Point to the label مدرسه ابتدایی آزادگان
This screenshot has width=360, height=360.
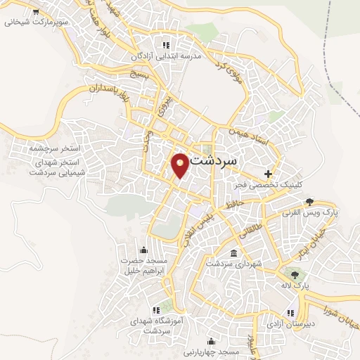click(x=167, y=55)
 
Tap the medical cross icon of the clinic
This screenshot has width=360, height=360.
click(x=267, y=173)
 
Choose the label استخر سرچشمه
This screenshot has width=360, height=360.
click(x=56, y=150)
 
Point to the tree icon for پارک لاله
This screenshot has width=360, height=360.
click(x=295, y=275)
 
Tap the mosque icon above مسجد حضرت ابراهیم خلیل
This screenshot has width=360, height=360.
click(x=144, y=250)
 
